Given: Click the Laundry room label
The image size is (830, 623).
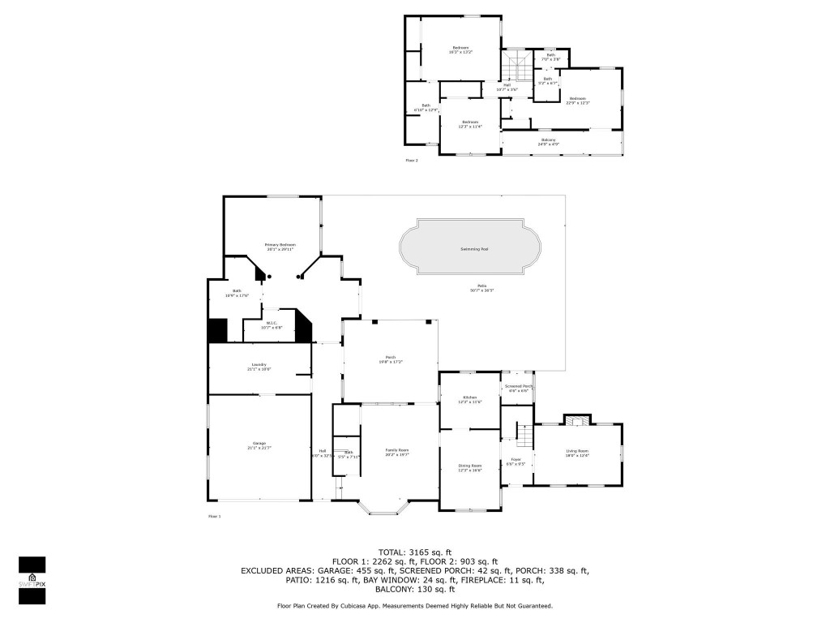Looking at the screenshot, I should [259, 367].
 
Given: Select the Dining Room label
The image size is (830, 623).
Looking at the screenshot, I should [470, 467].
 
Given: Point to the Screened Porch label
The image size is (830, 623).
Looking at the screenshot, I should [518, 388].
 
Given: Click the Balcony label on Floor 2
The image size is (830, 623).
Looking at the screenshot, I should [549, 141].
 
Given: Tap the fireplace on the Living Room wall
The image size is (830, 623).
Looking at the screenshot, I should [577, 419].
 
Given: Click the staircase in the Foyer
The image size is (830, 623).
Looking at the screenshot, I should [524, 437].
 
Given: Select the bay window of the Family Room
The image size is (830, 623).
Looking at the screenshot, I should [387, 506].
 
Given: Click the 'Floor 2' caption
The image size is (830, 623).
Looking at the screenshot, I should [412, 161].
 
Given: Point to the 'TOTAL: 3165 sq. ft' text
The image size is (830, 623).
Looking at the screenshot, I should [414, 552].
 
